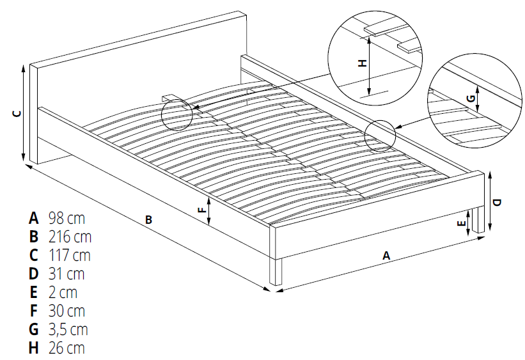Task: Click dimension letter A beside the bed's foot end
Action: [386, 254]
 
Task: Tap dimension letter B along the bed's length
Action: [148, 220]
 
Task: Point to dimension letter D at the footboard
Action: [498, 202]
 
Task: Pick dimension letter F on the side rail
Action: [201, 210]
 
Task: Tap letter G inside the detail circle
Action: [470, 98]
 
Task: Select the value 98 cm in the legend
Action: [67, 217]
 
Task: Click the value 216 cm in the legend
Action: [70, 237]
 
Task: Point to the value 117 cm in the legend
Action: [69, 255]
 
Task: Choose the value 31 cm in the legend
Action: [66, 274]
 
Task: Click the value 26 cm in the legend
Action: [67, 348]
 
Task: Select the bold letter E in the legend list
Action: [33, 292]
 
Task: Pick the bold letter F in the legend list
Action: [33, 311]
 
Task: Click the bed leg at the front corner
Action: [276, 270]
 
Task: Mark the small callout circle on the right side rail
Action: [381, 135]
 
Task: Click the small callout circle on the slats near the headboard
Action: [177, 114]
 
